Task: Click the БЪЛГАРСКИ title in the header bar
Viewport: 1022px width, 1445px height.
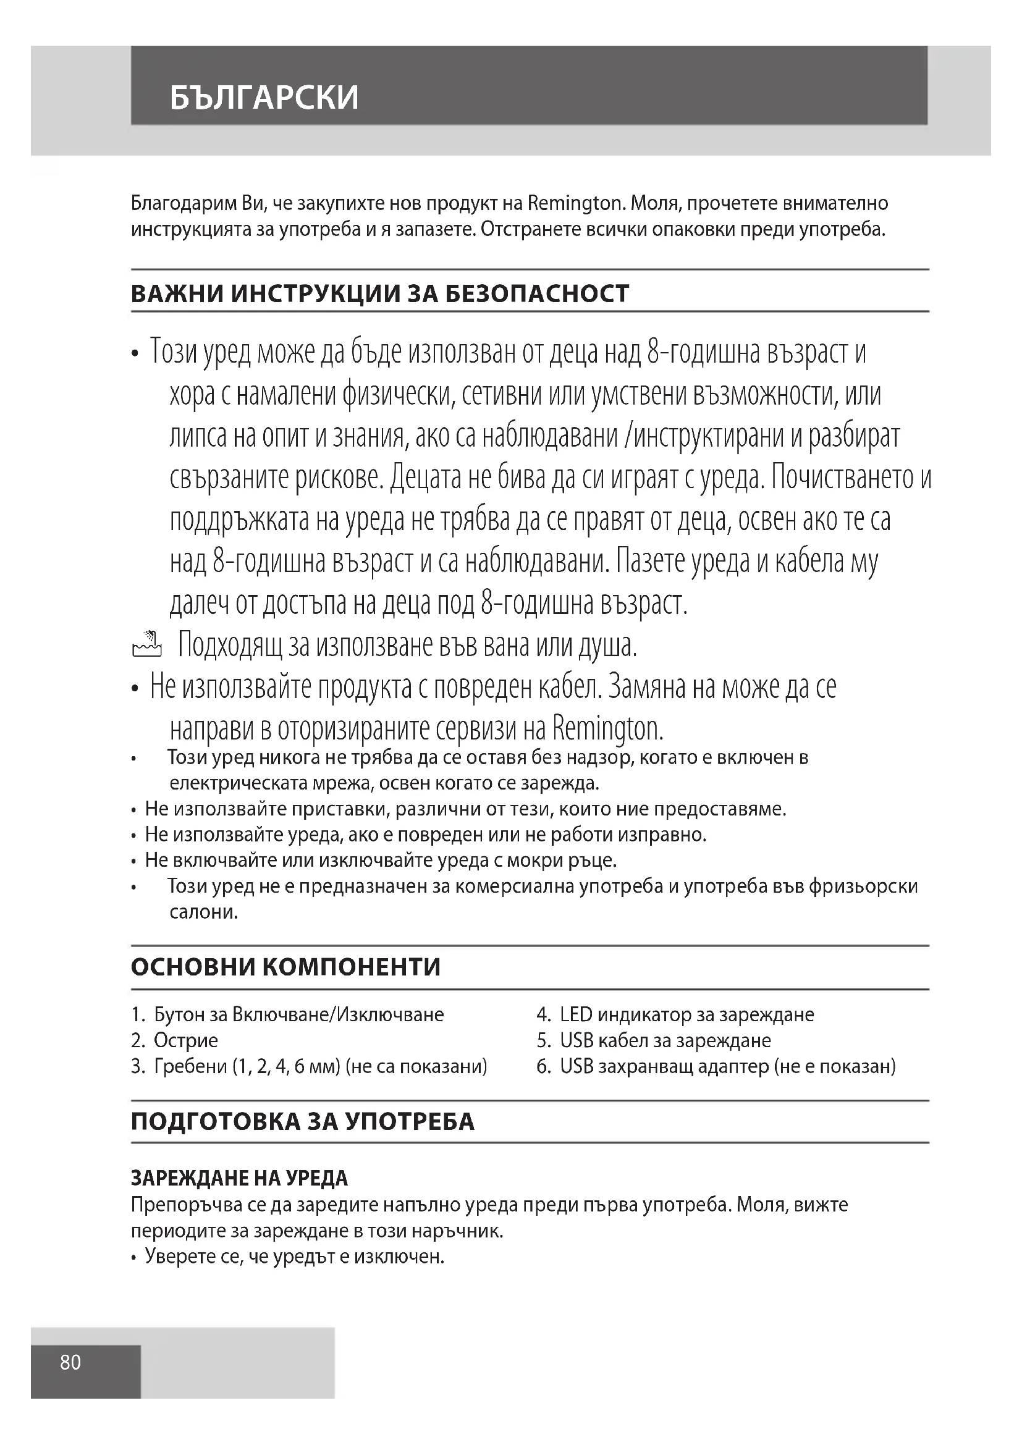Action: point(264,97)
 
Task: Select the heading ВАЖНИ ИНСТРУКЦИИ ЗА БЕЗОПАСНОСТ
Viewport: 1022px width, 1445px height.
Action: point(379,294)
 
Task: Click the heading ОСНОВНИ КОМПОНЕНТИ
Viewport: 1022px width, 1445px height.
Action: point(285,967)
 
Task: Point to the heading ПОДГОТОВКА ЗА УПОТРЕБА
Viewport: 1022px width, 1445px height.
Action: point(303,1121)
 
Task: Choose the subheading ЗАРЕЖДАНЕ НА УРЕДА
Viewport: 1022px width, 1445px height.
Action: point(239,1178)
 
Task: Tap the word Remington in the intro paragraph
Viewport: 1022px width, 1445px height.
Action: point(574,203)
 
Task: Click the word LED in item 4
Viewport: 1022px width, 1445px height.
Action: point(576,1014)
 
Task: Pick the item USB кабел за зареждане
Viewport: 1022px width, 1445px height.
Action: point(665,1040)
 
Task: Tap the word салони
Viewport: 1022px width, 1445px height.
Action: point(204,912)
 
